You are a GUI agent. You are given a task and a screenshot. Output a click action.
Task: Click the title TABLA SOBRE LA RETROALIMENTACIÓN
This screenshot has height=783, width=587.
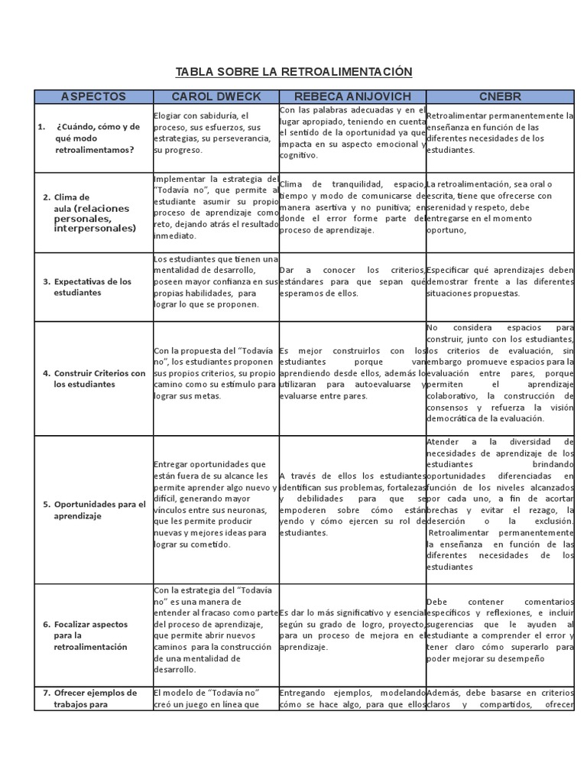293,72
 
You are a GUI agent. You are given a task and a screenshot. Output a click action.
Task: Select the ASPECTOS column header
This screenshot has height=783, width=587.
93,96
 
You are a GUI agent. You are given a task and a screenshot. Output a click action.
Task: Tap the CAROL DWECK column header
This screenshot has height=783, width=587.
215,96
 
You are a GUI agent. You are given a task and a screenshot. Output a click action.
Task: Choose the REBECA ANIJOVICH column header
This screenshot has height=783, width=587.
352,96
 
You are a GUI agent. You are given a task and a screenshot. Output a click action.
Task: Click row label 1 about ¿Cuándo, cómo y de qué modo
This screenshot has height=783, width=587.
93,138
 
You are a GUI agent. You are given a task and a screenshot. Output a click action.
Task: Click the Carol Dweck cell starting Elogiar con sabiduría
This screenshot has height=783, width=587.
215,132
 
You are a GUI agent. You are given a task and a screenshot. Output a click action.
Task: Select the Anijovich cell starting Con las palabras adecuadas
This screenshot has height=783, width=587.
352,132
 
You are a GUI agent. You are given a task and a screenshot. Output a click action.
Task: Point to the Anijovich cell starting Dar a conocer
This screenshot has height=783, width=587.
352,280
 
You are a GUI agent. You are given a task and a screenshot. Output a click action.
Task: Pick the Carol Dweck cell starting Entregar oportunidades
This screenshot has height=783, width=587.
215,504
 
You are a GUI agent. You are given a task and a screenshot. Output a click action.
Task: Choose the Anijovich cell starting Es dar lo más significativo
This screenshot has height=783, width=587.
352,629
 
